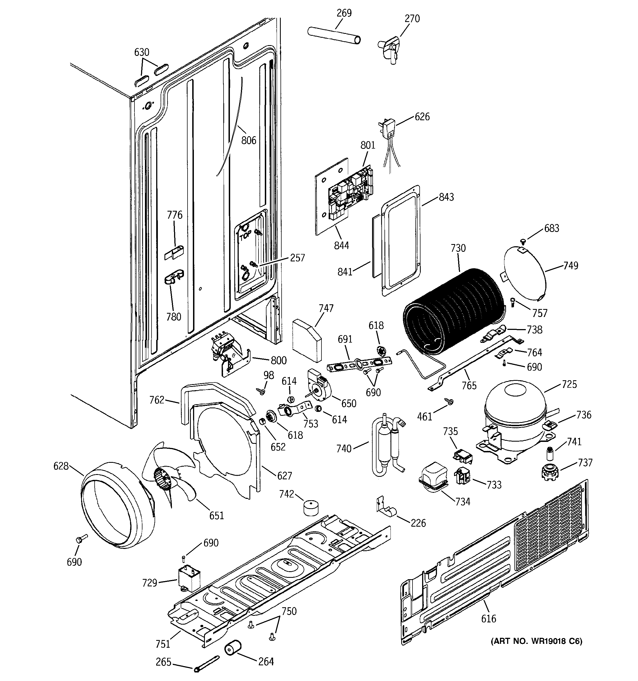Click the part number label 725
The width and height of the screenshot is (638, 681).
569,384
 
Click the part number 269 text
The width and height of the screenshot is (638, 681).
344,13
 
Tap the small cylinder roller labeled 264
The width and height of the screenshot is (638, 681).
233,649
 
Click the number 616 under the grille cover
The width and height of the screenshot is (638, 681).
488,619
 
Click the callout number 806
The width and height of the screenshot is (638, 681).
249,140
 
